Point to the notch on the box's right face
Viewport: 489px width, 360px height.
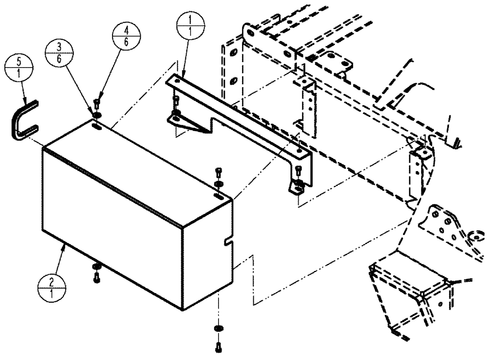click(227, 242)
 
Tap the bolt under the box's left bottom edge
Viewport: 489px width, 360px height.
click(96, 277)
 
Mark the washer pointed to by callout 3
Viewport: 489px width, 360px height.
click(96, 115)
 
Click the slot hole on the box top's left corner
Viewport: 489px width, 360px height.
click(97, 127)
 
